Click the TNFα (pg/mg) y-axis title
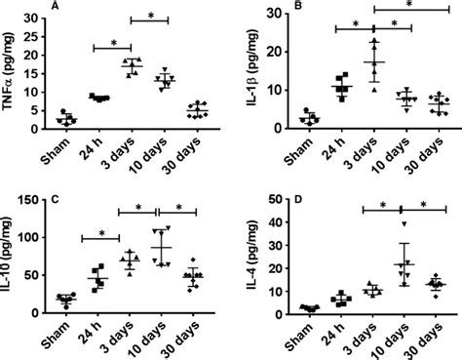click(x=13, y=70)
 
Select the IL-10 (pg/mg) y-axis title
click(x=13, y=256)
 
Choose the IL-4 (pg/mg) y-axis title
click(x=250, y=256)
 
